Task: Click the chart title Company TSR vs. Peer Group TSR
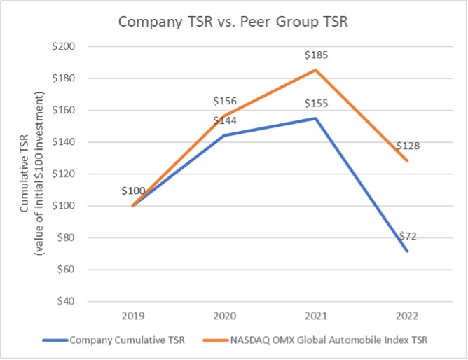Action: (x=234, y=21)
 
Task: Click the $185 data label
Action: (x=315, y=55)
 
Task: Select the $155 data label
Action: (x=315, y=104)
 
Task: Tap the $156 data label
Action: (x=224, y=101)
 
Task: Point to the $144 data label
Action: (x=224, y=120)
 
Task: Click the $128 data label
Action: (x=407, y=146)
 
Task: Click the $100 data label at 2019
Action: (x=133, y=191)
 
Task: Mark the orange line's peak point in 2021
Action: (x=315, y=70)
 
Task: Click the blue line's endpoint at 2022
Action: (x=407, y=251)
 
